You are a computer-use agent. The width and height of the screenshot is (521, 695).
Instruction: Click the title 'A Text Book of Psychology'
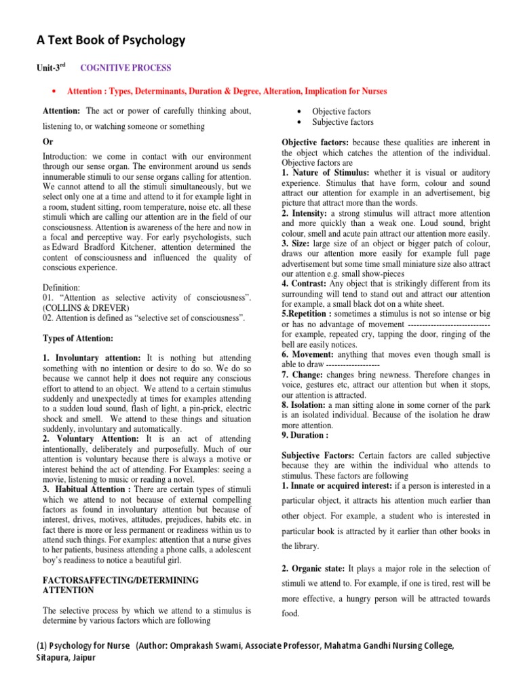point(110,41)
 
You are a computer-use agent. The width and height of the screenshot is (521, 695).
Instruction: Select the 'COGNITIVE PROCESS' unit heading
point(126,69)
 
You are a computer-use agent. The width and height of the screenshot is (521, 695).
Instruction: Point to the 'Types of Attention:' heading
point(77,339)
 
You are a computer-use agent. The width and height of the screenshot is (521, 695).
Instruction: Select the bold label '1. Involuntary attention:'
point(92,357)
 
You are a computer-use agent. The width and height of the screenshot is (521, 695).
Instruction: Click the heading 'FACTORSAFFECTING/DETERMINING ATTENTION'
point(120,585)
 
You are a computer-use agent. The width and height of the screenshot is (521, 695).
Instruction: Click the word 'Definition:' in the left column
point(63,287)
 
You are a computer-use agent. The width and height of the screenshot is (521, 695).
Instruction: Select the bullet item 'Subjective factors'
point(343,122)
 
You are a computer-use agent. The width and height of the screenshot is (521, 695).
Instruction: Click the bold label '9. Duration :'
point(305,435)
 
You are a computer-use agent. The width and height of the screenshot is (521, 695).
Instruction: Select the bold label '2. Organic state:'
point(313,568)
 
